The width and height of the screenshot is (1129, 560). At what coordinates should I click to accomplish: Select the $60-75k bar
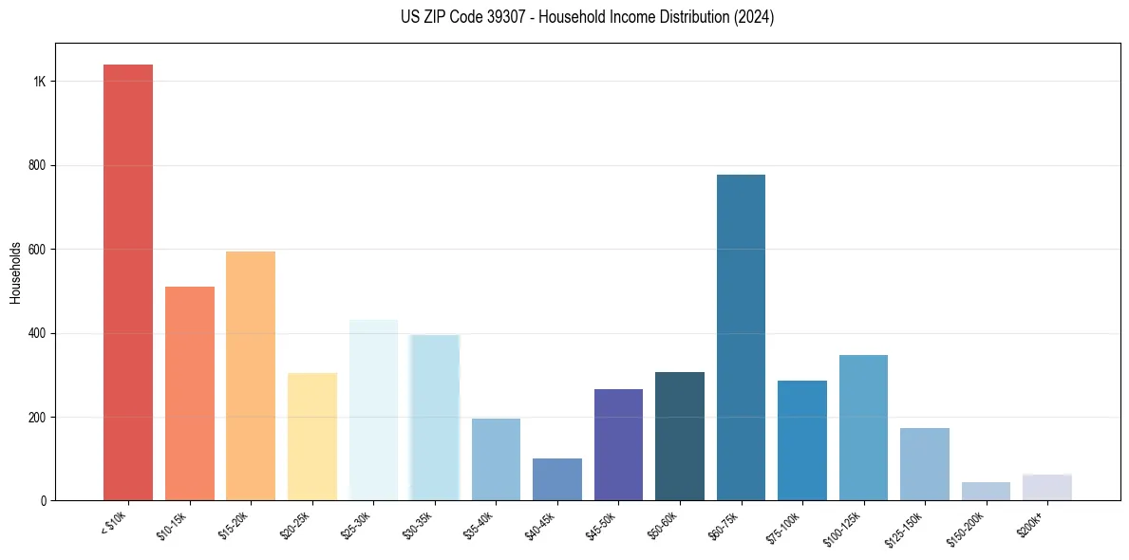741,337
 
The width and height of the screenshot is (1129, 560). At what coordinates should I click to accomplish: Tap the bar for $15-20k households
251,376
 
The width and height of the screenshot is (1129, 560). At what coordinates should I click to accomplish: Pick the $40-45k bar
557,479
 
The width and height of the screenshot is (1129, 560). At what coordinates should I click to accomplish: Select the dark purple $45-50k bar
618,444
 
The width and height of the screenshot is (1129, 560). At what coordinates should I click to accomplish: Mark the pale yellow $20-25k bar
312,437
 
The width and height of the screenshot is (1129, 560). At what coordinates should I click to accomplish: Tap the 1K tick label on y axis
39,82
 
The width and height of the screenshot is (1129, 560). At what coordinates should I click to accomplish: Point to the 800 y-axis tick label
36,165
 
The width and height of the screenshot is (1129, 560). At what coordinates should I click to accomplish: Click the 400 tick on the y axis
36,333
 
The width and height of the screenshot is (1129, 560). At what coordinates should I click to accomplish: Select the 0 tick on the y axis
43,501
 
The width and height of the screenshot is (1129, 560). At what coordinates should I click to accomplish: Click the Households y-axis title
15,272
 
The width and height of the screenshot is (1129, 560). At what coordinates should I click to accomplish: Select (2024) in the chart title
754,17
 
